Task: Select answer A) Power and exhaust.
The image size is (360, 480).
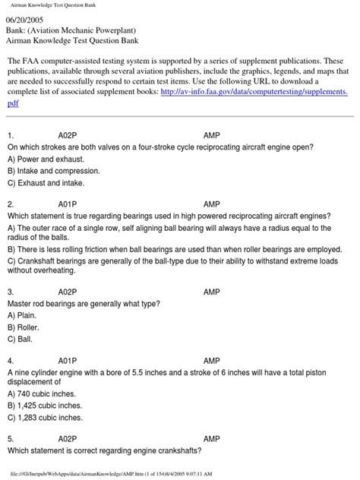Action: pyautogui.click(x=46, y=158)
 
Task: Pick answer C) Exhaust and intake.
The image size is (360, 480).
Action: pyautogui.click(x=46, y=182)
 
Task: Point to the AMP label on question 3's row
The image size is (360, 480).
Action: pyautogui.click(x=213, y=292)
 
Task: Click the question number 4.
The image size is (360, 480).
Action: pyautogui.click(x=11, y=362)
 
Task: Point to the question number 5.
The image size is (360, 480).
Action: pyautogui.click(x=11, y=439)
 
